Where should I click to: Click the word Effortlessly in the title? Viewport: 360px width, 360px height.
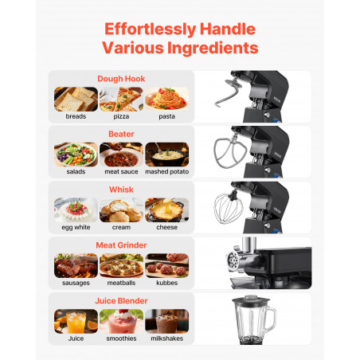tap(151, 29)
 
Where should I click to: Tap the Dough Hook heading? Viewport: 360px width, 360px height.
tap(121, 79)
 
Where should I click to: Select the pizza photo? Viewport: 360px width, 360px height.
tap(121, 99)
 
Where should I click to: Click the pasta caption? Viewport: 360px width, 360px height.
tap(166, 116)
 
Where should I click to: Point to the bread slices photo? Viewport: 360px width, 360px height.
tap(76, 99)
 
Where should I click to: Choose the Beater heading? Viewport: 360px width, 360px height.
tap(121, 134)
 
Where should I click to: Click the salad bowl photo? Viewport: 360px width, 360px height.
tap(76, 155)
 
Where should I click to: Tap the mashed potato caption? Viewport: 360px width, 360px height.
tap(167, 171)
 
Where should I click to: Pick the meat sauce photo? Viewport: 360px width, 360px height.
tap(121, 155)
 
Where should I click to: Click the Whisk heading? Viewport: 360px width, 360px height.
tap(121, 190)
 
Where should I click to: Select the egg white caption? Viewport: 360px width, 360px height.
tap(76, 227)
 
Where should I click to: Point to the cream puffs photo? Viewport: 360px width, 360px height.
tap(121, 210)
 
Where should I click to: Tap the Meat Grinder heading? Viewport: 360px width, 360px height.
tap(121, 245)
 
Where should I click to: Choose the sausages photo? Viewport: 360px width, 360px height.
tap(76, 265)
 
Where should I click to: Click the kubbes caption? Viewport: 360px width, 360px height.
tap(166, 283)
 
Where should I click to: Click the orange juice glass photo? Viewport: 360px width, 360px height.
tap(76, 321)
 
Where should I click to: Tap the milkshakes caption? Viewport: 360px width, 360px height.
tap(166, 338)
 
